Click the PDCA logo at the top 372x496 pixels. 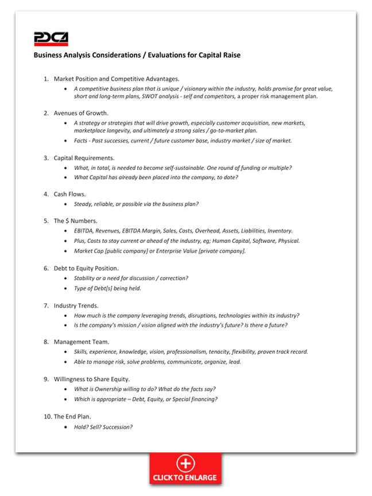click(x=51, y=38)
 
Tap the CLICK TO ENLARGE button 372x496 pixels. click(x=185, y=468)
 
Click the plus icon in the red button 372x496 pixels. click(x=185, y=463)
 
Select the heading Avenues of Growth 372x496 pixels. click(x=81, y=113)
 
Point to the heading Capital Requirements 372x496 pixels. click(x=84, y=157)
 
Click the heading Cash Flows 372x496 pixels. click(x=69, y=194)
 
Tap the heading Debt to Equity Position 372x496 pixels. click(x=86, y=268)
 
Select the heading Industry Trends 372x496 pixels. click(x=76, y=305)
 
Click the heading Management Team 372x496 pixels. click(x=82, y=342)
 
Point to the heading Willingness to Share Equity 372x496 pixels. click(x=92, y=379)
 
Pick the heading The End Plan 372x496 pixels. click(x=72, y=416)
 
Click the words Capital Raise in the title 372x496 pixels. click(x=219, y=55)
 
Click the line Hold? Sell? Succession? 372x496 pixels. click(x=103, y=427)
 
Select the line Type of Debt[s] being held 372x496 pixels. click(x=107, y=288)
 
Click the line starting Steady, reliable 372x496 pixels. click(x=136, y=204)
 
